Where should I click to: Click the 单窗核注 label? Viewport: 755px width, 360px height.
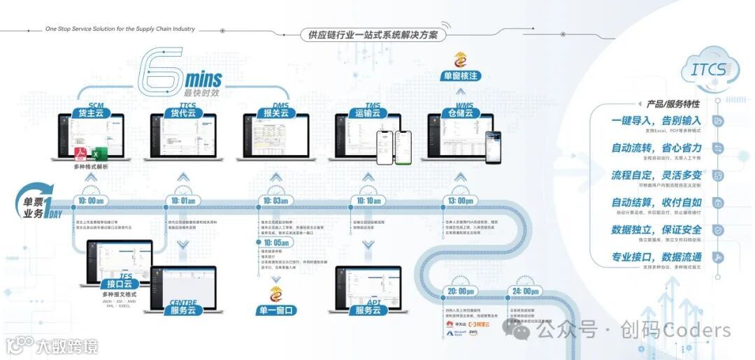click(461, 75)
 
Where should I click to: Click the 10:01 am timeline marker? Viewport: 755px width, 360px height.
click(183, 201)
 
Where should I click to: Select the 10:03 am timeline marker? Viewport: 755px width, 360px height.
click(275, 201)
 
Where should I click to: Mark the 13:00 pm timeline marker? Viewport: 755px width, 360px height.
click(461, 201)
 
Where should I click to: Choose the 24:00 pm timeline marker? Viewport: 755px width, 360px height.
click(526, 291)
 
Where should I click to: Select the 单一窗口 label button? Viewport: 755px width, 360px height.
click(275, 310)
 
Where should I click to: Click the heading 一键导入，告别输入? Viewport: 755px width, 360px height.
click(656, 120)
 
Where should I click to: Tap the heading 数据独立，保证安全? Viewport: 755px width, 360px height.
click(656, 229)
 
